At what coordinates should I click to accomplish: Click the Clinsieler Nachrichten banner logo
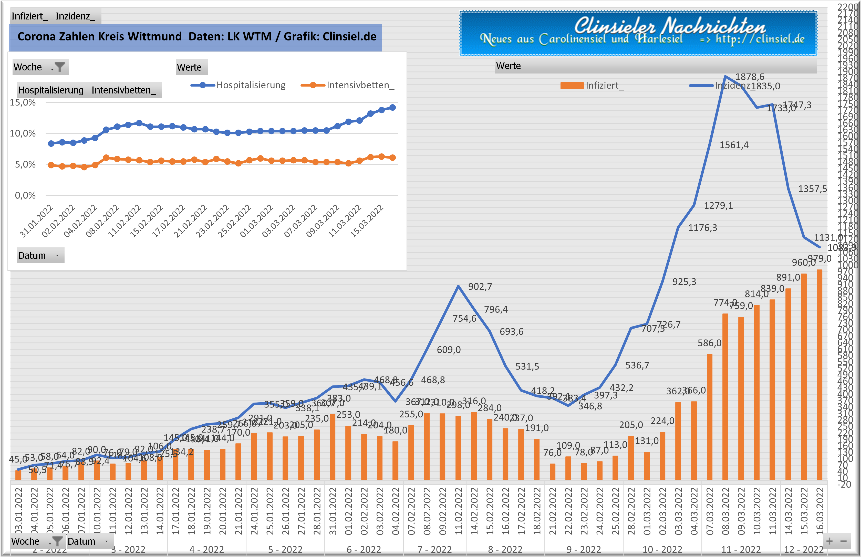(x=638, y=33)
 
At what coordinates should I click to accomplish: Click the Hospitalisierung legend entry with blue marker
(x=239, y=85)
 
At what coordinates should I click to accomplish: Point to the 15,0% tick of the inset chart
(x=23, y=103)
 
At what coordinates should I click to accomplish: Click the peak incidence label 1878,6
(x=750, y=77)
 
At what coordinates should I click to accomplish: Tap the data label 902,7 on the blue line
(x=480, y=287)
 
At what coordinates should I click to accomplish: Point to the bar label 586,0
(x=709, y=343)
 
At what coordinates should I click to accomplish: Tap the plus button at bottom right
(x=829, y=541)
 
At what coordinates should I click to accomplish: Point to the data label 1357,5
(x=812, y=189)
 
